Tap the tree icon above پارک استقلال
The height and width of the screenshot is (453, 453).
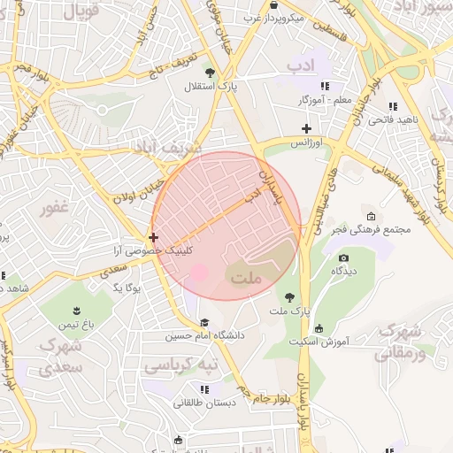pyautogui.click(x=210, y=73)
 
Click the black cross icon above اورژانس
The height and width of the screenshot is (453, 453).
pyautogui.click(x=306, y=128)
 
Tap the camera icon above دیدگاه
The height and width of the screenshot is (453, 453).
pyautogui.click(x=343, y=257)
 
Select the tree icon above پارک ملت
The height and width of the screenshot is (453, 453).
pyautogui.click(x=288, y=296)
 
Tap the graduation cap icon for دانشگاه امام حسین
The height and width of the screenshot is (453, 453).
pyautogui.click(x=205, y=323)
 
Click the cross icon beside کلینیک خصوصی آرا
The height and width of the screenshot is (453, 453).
pyautogui.click(x=154, y=237)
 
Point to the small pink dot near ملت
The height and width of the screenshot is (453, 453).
pyautogui.click(x=200, y=273)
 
